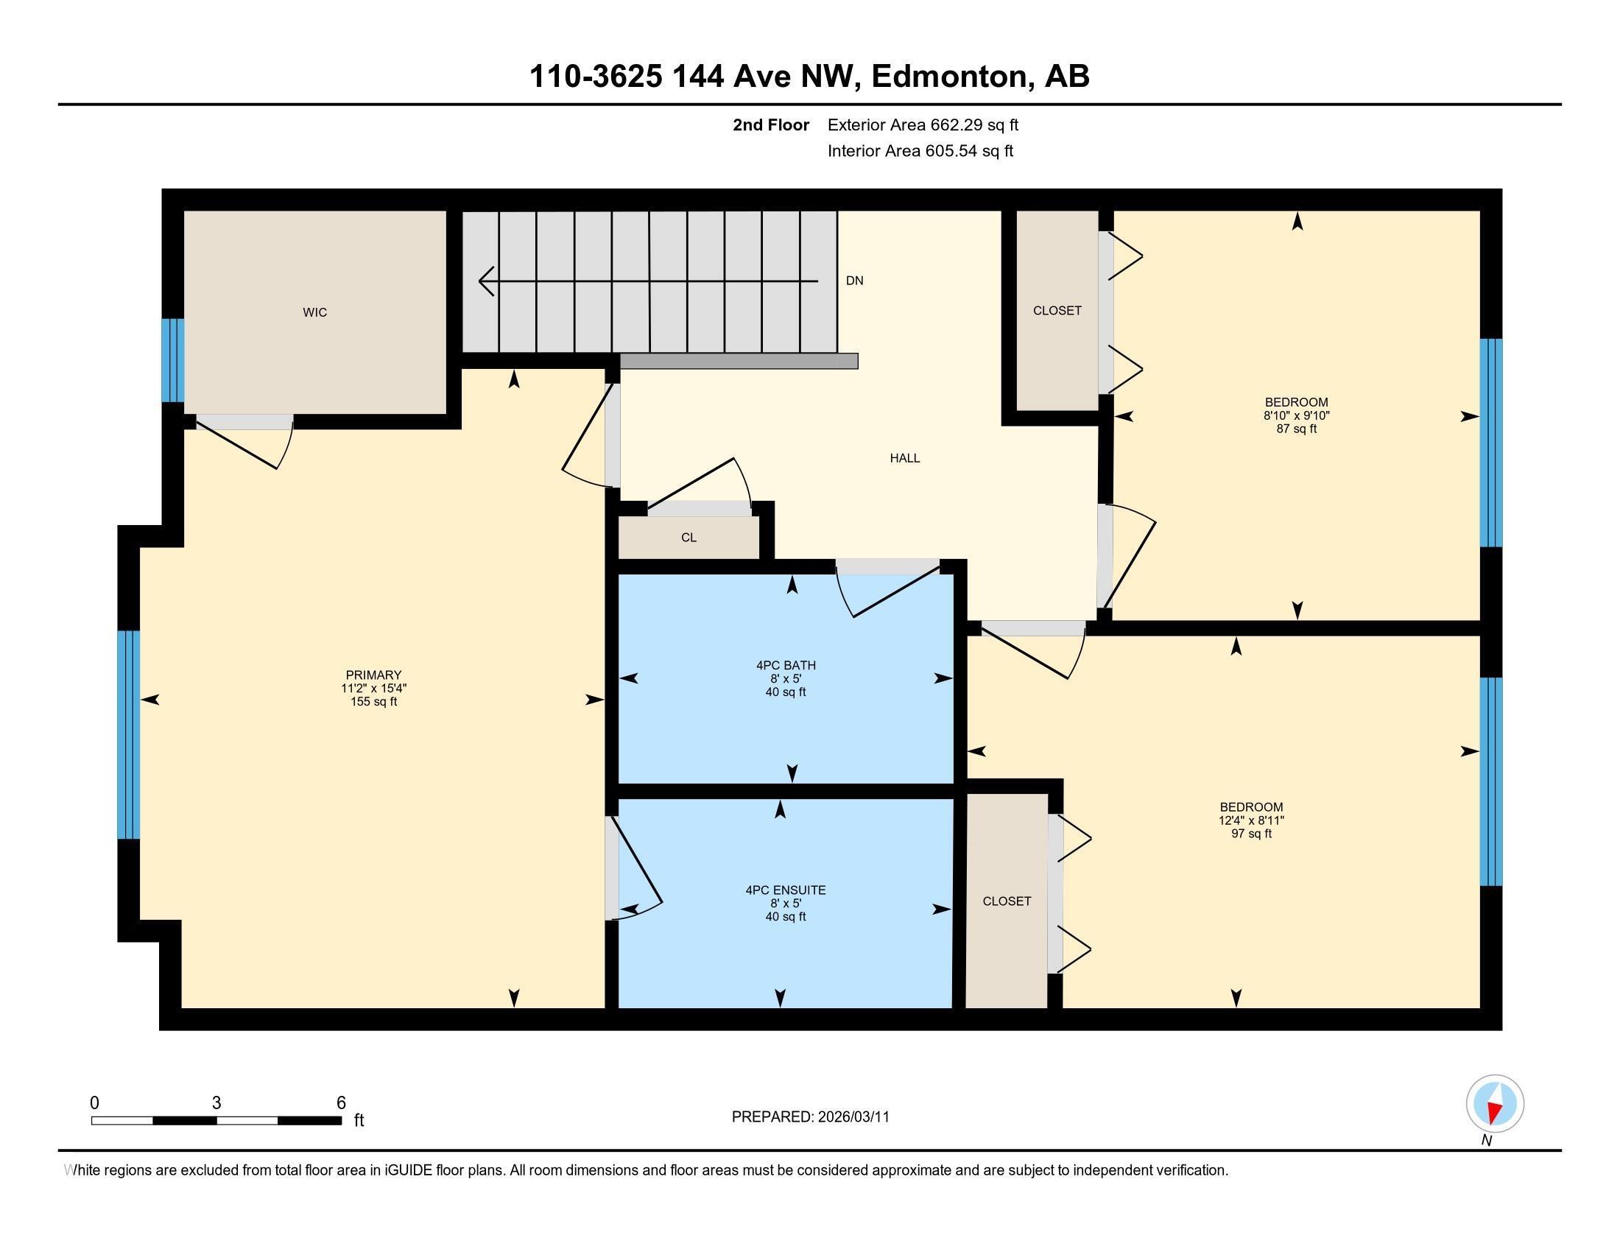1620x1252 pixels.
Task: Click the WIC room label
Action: click(314, 312)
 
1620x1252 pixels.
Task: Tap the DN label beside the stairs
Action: click(854, 281)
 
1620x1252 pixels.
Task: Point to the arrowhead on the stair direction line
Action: click(487, 282)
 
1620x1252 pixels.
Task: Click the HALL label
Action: click(905, 458)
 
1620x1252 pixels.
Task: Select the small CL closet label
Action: click(688, 538)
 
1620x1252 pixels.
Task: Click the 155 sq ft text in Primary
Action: click(374, 702)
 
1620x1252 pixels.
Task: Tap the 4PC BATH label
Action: click(786, 665)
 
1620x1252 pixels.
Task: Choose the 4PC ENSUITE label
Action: click(786, 890)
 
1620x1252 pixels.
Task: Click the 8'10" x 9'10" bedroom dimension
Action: click(1296, 416)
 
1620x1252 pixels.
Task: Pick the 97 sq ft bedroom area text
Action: click(1250, 834)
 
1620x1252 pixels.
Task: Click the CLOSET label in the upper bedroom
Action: click(1057, 311)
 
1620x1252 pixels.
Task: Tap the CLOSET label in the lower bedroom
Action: click(1007, 901)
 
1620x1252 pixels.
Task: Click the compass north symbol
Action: click(1495, 1104)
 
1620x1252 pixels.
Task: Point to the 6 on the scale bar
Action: click(341, 1103)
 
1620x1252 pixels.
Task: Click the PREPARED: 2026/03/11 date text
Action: click(810, 1117)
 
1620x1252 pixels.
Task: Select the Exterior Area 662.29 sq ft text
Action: click(923, 125)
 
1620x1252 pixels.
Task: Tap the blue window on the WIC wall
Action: click(173, 360)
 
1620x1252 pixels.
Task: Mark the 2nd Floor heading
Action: click(771, 125)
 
